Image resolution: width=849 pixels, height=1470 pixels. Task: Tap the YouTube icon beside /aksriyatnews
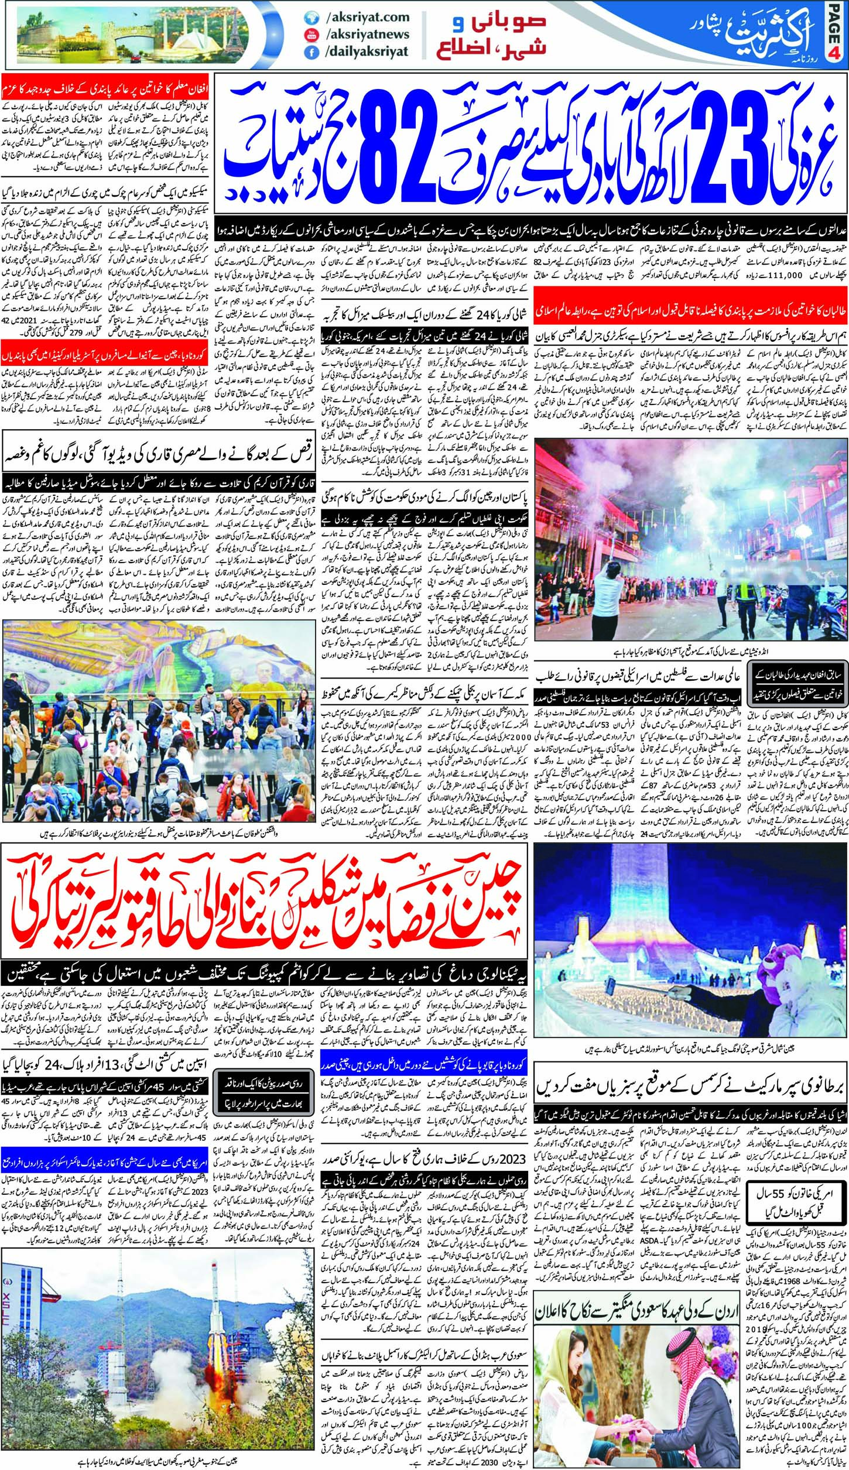(308, 35)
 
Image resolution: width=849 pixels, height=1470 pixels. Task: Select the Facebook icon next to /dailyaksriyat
(308, 52)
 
